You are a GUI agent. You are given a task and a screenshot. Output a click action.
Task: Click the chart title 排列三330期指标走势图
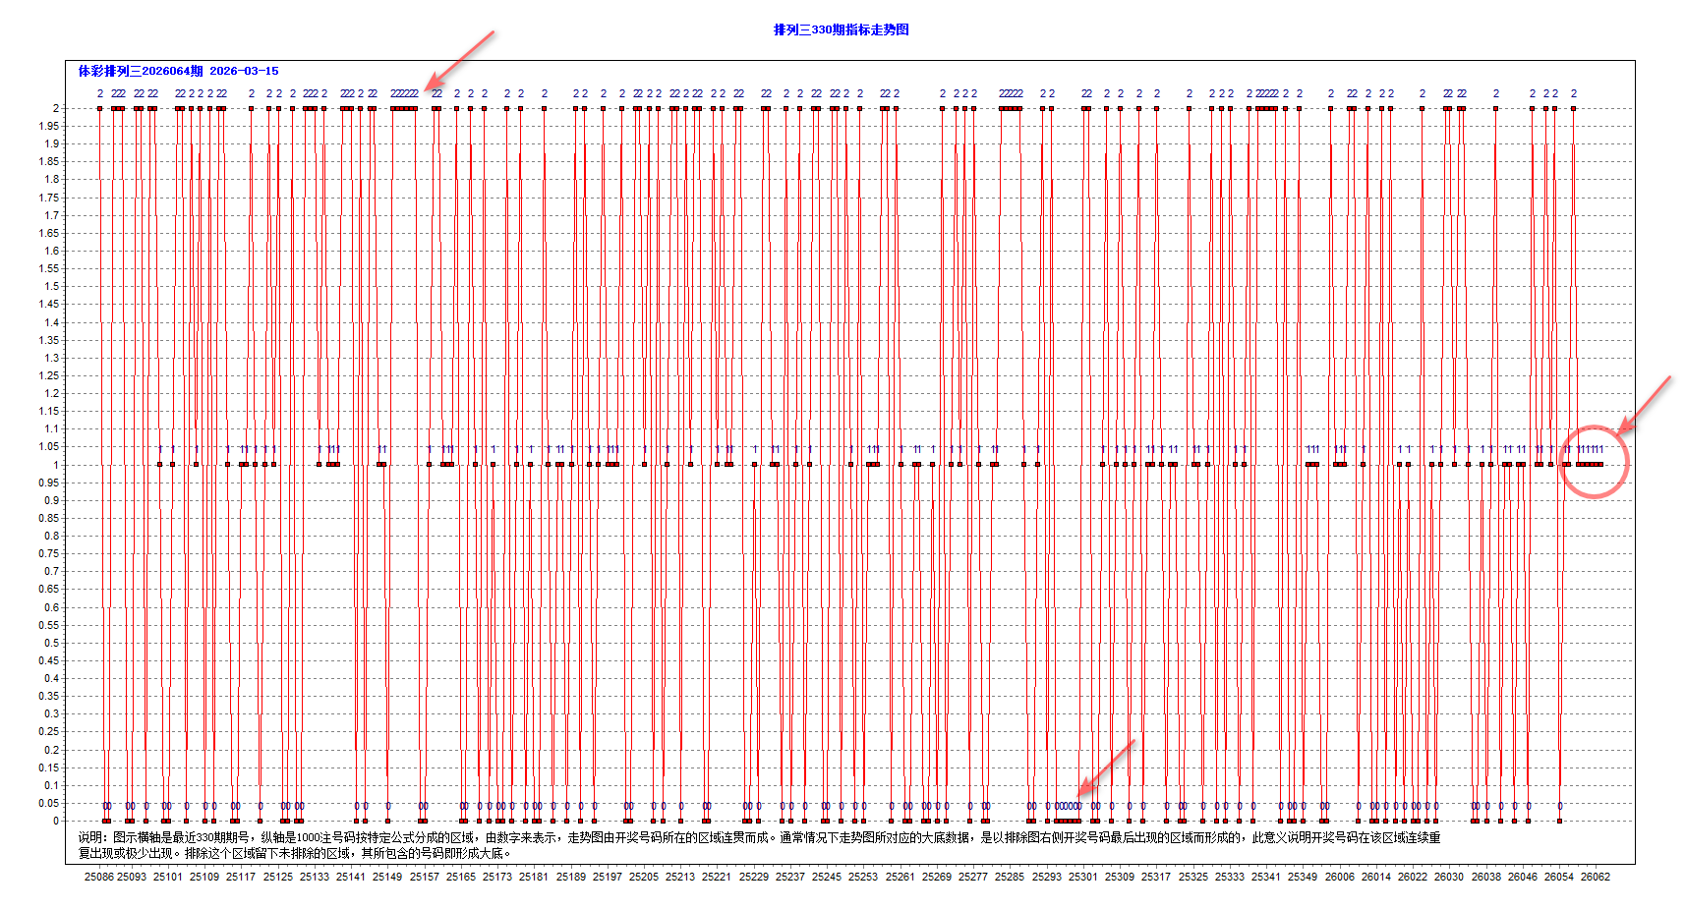click(841, 29)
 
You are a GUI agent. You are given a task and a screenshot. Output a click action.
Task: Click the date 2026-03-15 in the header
click(244, 71)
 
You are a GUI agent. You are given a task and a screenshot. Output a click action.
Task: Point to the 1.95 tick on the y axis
click(48, 126)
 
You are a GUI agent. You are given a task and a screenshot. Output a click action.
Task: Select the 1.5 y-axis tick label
click(50, 287)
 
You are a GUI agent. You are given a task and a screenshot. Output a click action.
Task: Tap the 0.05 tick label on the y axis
click(48, 803)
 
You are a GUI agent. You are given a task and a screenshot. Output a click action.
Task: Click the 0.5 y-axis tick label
click(50, 643)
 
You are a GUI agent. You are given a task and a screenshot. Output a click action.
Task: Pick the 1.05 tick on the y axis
click(48, 447)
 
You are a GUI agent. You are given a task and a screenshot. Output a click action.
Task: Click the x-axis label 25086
click(98, 877)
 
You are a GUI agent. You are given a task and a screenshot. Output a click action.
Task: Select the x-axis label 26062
click(1595, 877)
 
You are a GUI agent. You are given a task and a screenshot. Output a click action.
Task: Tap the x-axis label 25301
click(1082, 877)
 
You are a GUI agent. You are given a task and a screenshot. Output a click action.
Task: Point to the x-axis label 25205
click(644, 877)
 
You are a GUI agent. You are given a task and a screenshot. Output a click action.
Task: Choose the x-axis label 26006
click(1339, 877)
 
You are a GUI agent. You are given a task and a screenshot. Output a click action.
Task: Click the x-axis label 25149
click(387, 877)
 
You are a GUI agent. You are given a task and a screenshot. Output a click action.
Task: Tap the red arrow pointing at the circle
click(1644, 405)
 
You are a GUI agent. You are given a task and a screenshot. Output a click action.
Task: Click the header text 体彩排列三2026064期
click(141, 71)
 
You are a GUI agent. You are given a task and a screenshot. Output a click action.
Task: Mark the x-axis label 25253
click(863, 877)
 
